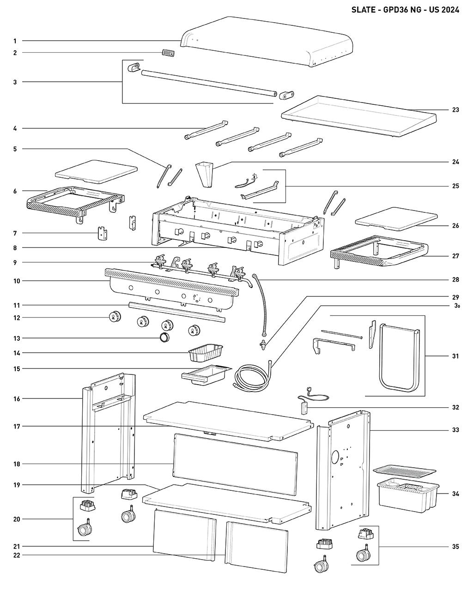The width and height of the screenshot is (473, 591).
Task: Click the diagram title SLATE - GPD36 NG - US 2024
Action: tap(405, 10)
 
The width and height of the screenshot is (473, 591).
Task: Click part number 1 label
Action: tap(15, 41)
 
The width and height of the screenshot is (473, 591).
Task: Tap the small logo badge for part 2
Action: tap(168, 53)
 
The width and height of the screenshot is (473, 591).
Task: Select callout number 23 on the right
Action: tap(455, 110)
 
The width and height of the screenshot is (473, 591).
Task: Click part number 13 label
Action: tap(17, 338)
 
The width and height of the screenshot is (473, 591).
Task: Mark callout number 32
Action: tap(455, 408)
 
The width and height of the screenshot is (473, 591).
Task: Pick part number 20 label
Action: tap(17, 519)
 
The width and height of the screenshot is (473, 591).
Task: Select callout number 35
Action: tap(455, 547)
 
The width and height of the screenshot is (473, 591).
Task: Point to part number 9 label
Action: tap(15, 263)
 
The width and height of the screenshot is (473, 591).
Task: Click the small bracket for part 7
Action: tap(102, 234)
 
